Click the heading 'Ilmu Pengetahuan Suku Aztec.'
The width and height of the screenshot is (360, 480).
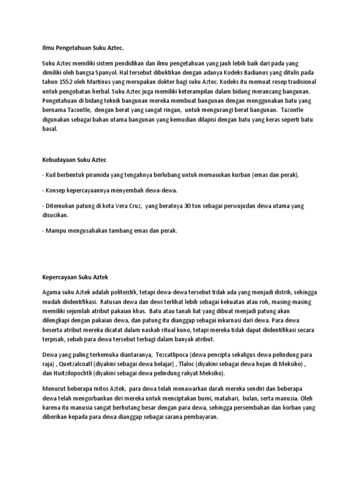[x=82, y=47]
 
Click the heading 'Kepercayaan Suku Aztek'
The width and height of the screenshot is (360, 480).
[x=75, y=277]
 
